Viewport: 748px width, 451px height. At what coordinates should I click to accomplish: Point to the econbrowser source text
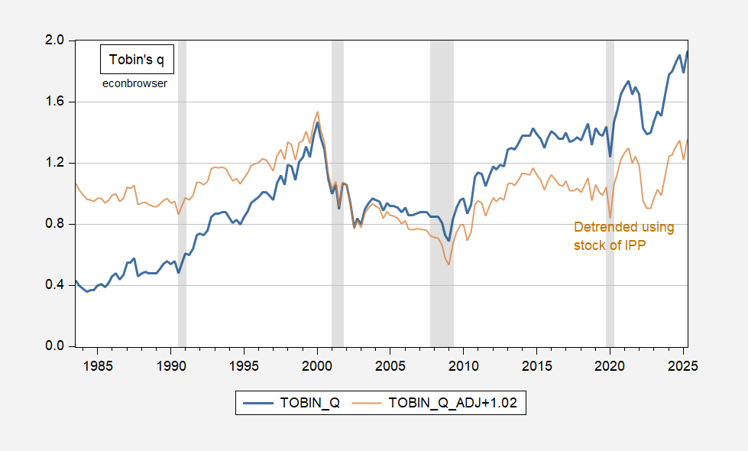click(x=134, y=83)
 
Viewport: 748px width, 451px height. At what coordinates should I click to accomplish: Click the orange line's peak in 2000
click(x=317, y=112)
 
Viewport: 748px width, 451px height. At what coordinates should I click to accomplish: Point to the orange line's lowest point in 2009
click(x=449, y=264)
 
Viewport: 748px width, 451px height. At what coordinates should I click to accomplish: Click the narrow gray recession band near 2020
click(x=610, y=191)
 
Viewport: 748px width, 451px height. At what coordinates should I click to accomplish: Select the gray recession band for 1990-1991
click(x=182, y=191)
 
